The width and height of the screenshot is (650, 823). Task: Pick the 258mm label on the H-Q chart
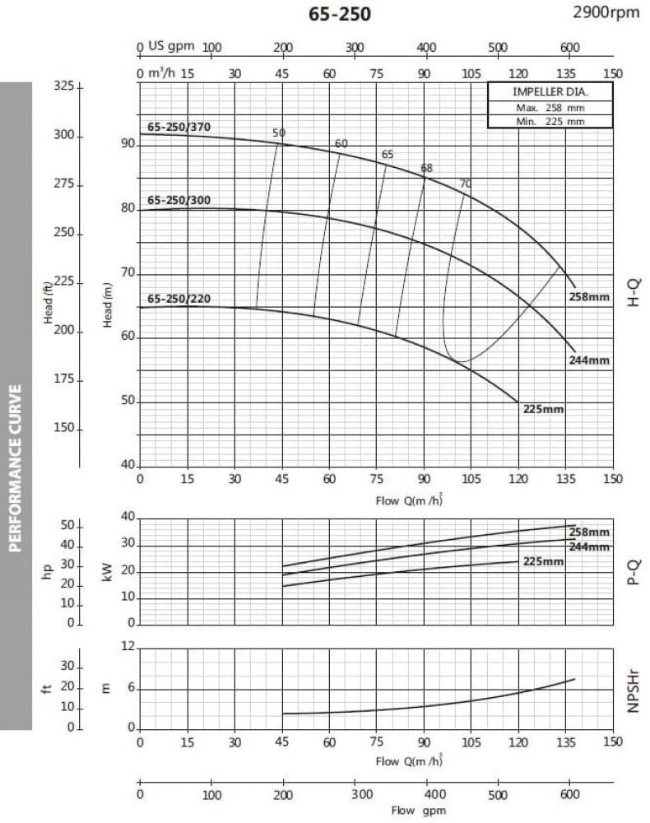tap(589, 297)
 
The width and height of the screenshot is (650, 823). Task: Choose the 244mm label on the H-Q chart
tap(589, 360)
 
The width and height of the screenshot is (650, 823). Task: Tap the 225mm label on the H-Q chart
tap(544, 409)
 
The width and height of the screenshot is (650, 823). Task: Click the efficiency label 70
tap(466, 184)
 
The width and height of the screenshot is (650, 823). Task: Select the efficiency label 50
tap(279, 133)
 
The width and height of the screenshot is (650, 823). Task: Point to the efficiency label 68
tap(426, 168)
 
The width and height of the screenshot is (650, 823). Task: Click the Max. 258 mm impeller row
tap(550, 108)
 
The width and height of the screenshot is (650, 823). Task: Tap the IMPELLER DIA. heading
tap(550, 92)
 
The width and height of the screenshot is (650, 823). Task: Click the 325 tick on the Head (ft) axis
tap(63, 86)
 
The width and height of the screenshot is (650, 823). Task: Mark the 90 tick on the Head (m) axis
tap(127, 144)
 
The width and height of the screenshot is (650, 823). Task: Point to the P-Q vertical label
tap(634, 570)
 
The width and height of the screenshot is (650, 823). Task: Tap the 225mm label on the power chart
tap(544, 562)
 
